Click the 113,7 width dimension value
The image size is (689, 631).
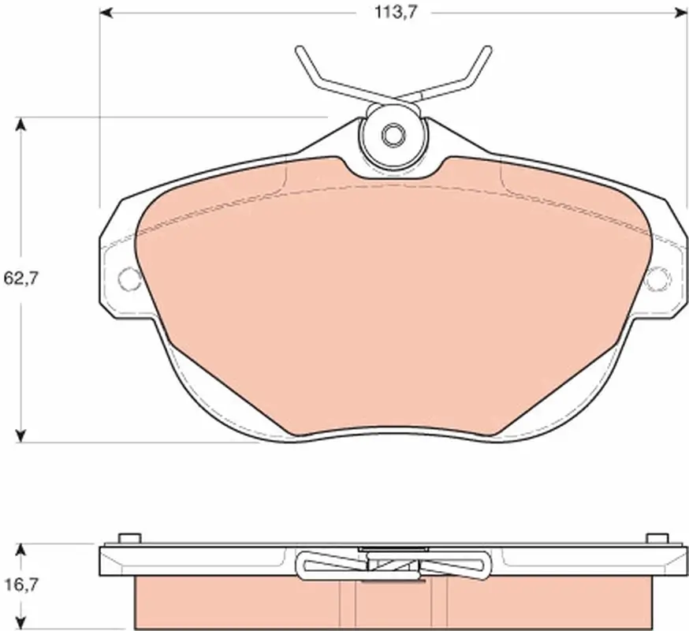395,13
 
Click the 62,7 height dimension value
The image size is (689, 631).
21,278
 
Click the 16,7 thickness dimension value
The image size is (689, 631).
21,584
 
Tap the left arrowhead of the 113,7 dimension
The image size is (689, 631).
106,13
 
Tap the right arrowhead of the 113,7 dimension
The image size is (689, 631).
680,13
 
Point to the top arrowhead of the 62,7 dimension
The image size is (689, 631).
20,125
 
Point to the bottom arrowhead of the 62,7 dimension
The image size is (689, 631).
20,435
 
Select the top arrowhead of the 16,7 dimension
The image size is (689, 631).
20,551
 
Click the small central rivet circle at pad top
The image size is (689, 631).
393,135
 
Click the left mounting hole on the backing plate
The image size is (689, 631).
129,278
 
